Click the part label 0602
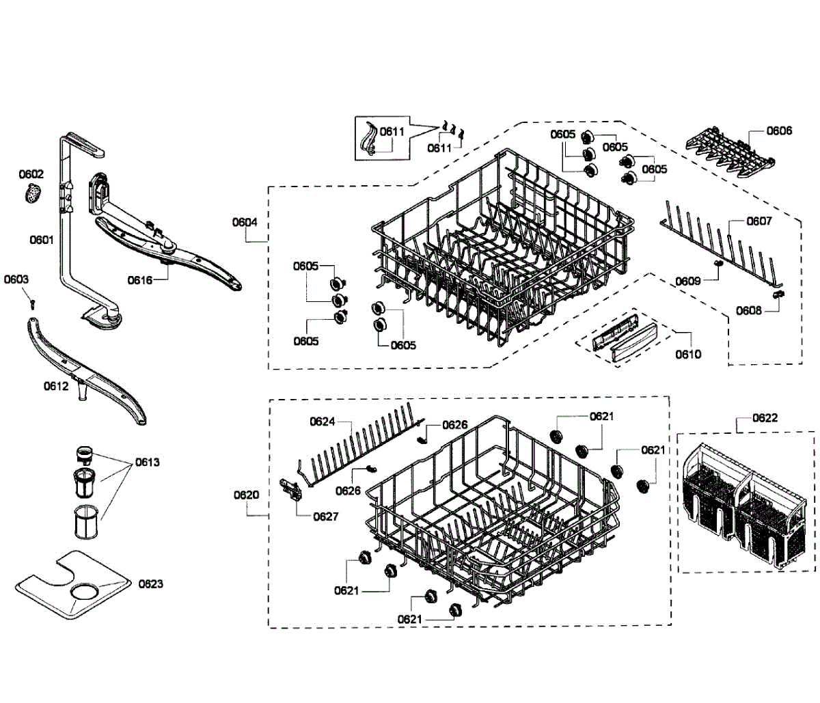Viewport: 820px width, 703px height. pyautogui.click(x=31, y=174)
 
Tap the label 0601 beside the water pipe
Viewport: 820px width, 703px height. pyautogui.click(x=42, y=240)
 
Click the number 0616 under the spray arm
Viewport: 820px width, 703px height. pyautogui.click(x=140, y=279)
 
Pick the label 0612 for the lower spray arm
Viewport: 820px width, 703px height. pyautogui.click(x=56, y=386)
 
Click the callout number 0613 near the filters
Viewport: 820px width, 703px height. pyautogui.click(x=147, y=462)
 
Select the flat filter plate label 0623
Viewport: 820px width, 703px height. pyautogui.click(x=151, y=583)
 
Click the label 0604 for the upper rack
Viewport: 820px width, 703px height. pyautogui.click(x=245, y=221)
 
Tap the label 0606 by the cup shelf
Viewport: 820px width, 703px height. pyautogui.click(x=779, y=130)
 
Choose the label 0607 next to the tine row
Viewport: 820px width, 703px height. pyautogui.click(x=759, y=221)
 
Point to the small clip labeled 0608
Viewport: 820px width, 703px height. pyautogui.click(x=777, y=294)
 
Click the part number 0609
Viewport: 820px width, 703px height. pyautogui.click(x=688, y=281)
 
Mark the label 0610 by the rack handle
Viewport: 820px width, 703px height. pyautogui.click(x=688, y=354)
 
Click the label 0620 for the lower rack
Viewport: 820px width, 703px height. pyautogui.click(x=246, y=495)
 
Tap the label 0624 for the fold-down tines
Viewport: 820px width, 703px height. pyautogui.click(x=323, y=422)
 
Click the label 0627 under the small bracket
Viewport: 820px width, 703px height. pyautogui.click(x=326, y=516)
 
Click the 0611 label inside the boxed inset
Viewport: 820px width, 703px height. pyautogui.click(x=392, y=132)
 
